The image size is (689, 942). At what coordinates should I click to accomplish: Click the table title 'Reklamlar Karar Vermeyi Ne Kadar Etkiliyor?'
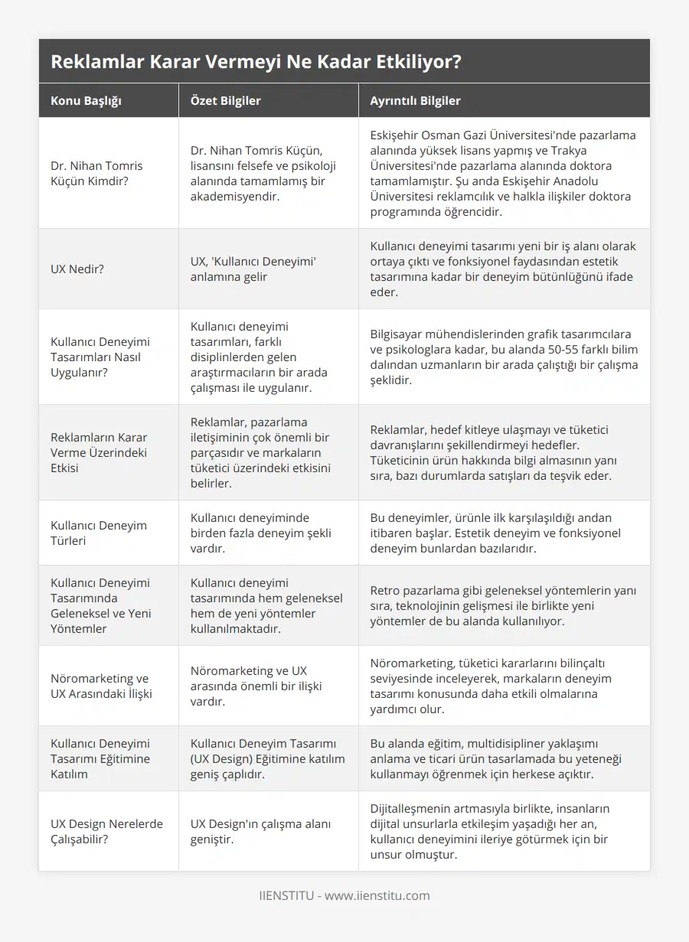(x=256, y=61)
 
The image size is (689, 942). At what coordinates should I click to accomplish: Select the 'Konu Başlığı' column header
(x=86, y=101)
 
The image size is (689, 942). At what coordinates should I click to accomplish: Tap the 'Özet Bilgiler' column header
(x=226, y=101)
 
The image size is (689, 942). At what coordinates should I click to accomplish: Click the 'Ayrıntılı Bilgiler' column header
(x=415, y=101)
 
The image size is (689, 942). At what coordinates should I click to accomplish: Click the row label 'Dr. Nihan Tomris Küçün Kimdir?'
(x=96, y=173)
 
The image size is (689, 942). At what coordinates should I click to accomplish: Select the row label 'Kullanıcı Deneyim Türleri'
(x=99, y=533)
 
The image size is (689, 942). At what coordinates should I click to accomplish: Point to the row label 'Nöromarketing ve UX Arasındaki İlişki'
(x=101, y=686)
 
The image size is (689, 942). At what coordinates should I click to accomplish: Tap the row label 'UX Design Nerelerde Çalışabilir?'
(x=106, y=831)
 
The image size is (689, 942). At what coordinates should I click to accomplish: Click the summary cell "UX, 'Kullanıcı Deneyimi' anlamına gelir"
(x=253, y=269)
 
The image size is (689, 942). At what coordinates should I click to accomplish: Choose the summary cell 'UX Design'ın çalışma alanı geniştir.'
(x=260, y=831)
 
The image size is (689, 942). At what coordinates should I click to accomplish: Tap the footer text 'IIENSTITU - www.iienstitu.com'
(x=344, y=895)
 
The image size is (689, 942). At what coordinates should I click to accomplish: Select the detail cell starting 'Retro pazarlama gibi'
(x=503, y=605)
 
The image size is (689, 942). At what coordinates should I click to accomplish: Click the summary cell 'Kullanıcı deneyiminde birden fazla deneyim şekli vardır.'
(x=260, y=533)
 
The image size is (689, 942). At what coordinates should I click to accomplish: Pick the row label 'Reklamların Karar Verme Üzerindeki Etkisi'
(x=99, y=452)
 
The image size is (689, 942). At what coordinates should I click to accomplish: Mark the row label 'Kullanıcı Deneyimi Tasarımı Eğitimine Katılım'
(x=100, y=758)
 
